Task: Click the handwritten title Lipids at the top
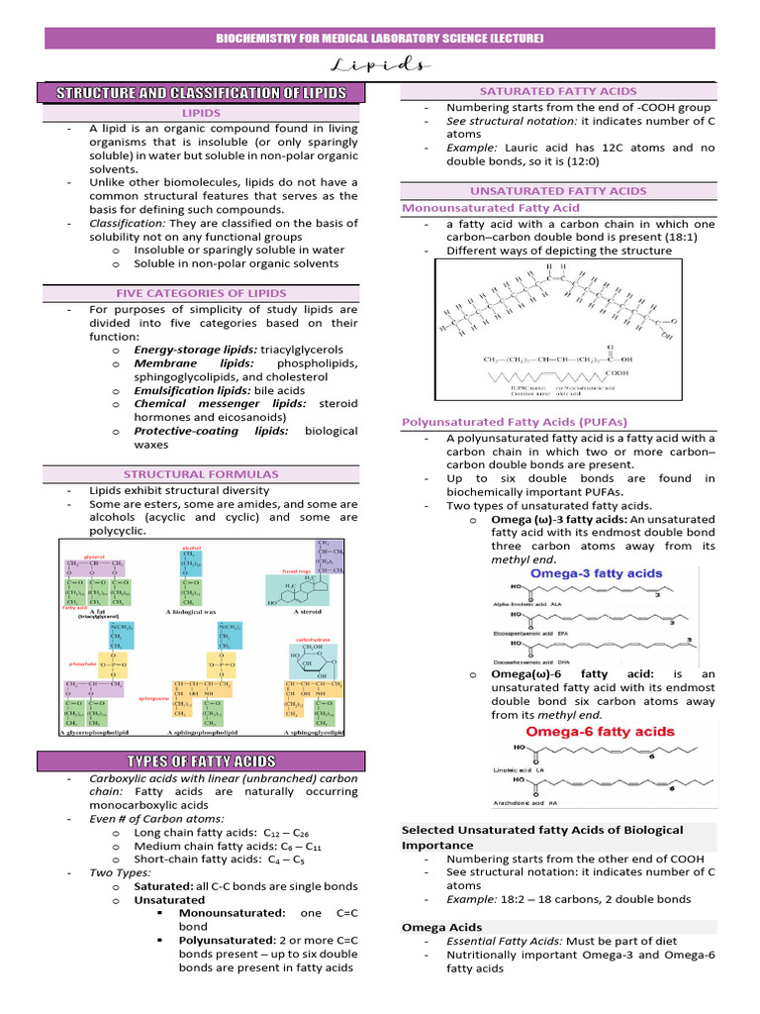(x=380, y=66)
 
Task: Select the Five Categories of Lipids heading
(x=214, y=293)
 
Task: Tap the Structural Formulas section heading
(x=214, y=474)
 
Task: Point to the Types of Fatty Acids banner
(x=214, y=760)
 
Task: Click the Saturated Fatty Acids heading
(x=558, y=91)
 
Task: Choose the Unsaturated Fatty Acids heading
(x=558, y=190)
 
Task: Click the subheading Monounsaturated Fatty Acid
(x=491, y=208)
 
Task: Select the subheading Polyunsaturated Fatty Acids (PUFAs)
(x=515, y=422)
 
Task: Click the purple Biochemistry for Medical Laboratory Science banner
(x=380, y=39)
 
